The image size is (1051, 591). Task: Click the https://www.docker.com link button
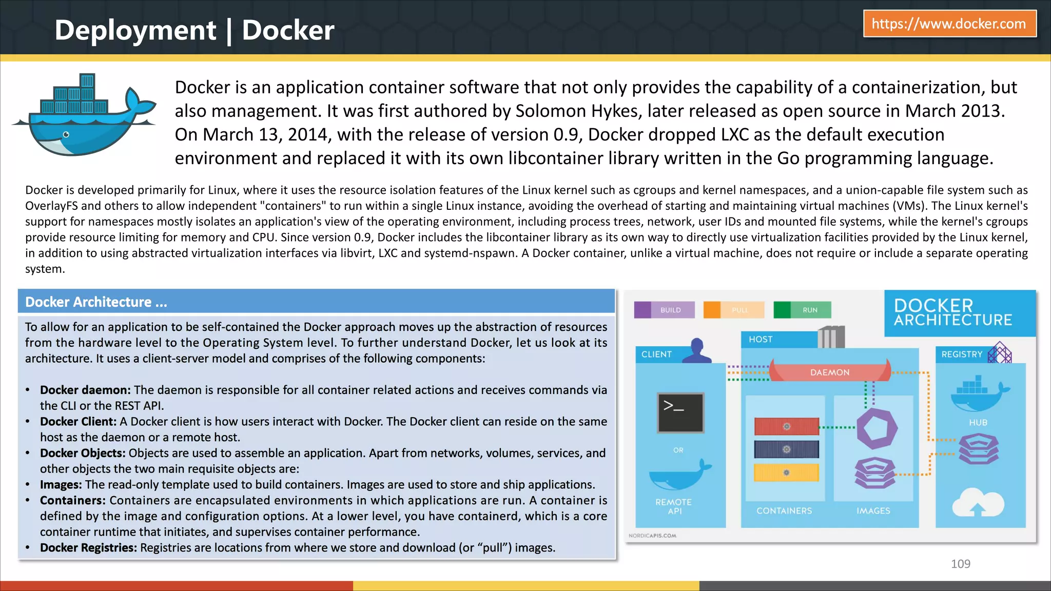pos(949,24)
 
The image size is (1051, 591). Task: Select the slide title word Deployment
pos(135,30)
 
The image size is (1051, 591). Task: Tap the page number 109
pos(960,564)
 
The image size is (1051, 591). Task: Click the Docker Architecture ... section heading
pos(96,302)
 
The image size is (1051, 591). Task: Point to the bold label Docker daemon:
pos(85,390)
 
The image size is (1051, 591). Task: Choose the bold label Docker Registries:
pos(88,547)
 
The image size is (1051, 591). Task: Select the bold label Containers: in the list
pos(73,500)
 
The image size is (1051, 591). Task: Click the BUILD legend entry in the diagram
pos(665,310)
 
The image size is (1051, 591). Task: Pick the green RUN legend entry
pos(803,310)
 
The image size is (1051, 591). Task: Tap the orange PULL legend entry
pos(733,310)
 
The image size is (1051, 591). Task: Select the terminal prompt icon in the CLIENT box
pos(680,412)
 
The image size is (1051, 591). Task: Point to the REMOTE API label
pos(674,506)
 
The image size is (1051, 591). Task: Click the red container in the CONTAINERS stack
pos(786,426)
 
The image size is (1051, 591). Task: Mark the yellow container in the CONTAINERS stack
pos(786,472)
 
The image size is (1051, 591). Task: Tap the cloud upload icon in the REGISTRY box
pos(978,503)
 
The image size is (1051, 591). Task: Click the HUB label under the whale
pos(978,423)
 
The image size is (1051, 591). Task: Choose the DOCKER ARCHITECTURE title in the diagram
pos(952,312)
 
